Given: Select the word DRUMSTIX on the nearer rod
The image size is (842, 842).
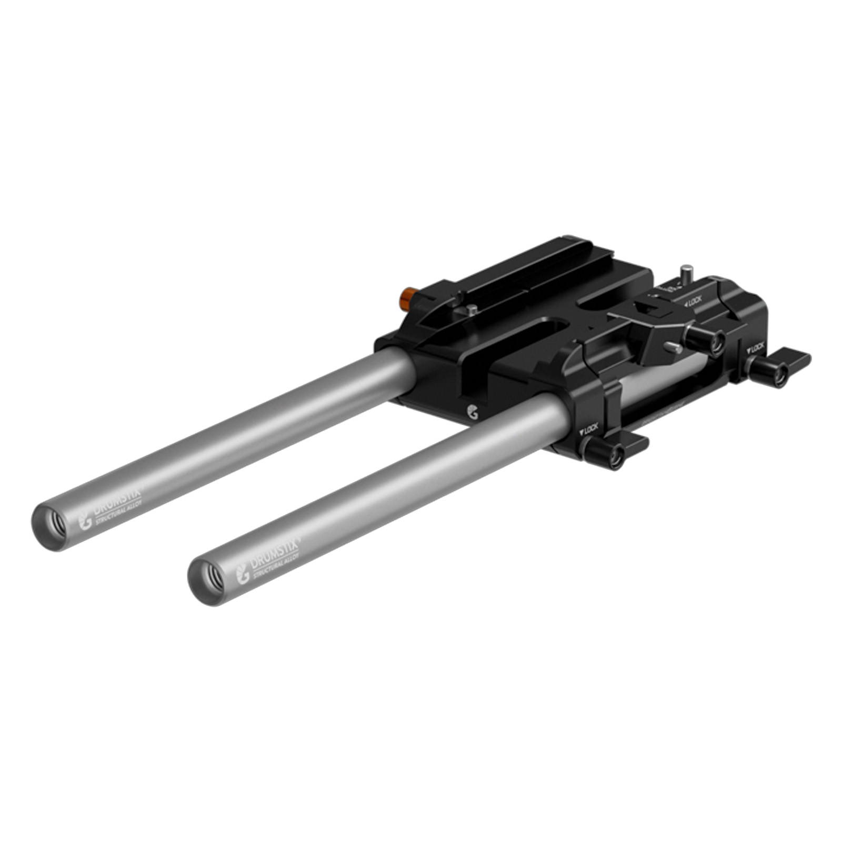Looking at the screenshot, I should (x=274, y=553).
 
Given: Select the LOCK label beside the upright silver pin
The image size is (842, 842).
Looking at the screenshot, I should (x=693, y=301).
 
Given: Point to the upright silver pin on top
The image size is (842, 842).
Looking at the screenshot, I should (x=686, y=274).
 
